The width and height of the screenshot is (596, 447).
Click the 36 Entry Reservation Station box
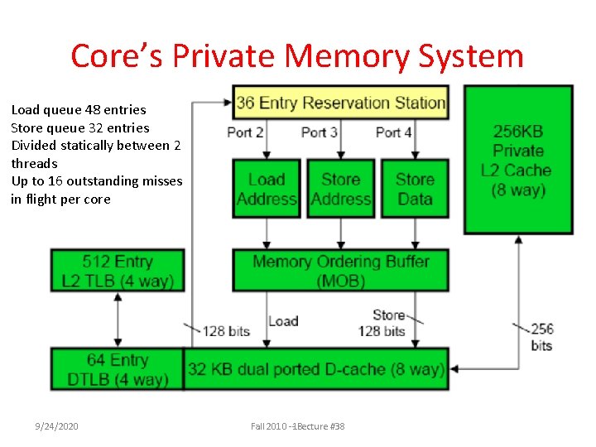tap(340, 103)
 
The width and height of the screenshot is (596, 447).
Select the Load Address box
tap(267, 189)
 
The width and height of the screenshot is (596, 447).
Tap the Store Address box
tap(340, 189)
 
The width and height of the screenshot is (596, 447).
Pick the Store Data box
tap(415, 189)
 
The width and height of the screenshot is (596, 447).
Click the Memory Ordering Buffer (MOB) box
tap(340, 271)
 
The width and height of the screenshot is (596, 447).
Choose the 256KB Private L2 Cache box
tap(518, 160)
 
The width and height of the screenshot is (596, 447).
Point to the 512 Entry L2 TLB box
tap(117, 271)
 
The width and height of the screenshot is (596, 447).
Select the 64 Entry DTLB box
tap(117, 369)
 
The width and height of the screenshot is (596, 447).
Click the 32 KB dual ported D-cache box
tap(315, 369)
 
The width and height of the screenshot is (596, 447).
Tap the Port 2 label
tap(245, 132)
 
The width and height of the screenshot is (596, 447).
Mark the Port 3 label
tap(319, 132)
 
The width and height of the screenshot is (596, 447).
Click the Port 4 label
tap(393, 132)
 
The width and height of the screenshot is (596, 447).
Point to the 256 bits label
tap(541, 336)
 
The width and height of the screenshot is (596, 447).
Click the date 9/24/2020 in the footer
tap(56, 426)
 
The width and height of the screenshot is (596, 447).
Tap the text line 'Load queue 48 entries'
tap(79, 109)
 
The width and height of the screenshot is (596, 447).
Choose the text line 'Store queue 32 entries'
tap(80, 127)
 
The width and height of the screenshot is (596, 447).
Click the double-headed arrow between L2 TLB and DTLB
tap(118, 320)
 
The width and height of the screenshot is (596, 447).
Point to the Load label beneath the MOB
tap(283, 321)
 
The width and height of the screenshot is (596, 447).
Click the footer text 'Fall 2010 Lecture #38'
tap(298, 426)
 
